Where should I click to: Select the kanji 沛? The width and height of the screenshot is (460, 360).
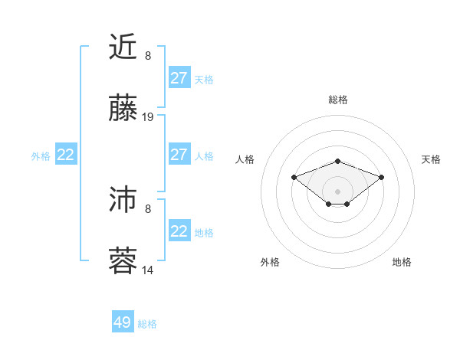tap(123, 198)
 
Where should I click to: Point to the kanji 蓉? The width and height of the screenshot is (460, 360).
tap(123, 260)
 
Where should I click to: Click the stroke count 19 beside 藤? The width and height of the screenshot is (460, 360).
tap(148, 117)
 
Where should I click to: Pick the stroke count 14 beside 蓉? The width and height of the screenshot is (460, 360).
tap(148, 270)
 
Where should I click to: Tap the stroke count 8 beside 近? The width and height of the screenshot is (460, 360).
tap(148, 56)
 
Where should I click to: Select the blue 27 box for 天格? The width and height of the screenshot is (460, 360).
tap(179, 78)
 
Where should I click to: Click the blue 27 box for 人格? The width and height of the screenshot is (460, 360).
tap(179, 155)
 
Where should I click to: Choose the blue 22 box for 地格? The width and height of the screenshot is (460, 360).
tap(179, 231)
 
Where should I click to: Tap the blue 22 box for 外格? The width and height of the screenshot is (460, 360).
tap(66, 155)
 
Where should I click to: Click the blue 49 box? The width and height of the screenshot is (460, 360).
tap(123, 322)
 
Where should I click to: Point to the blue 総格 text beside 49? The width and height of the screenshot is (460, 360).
tap(147, 324)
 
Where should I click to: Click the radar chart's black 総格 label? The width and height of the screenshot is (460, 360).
tap(338, 100)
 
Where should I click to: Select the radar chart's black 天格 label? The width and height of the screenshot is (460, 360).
tap(431, 159)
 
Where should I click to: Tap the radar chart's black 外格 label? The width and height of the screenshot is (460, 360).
tap(270, 262)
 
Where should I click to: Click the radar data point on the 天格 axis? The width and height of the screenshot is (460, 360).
tap(382, 177)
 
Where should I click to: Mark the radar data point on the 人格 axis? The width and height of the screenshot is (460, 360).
tap(294, 177)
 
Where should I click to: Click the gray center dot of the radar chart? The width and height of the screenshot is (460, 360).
tap(338, 191)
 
